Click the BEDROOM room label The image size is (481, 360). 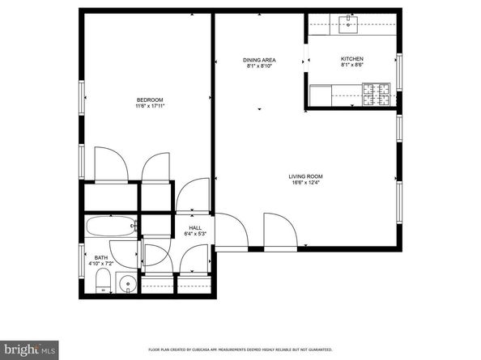coord(148,100)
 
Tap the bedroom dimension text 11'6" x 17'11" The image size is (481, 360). coord(148,106)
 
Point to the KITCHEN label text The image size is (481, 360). coord(351,59)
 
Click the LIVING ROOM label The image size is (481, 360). coord(306,176)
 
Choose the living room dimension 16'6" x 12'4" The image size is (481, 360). coord(306,183)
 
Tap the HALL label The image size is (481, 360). coord(195,228)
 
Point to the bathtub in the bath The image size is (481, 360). coord(110,227)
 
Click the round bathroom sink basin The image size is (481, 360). coord(125,284)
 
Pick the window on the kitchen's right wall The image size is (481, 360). coord(399,71)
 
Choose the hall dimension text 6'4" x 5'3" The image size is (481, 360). coord(195,235)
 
